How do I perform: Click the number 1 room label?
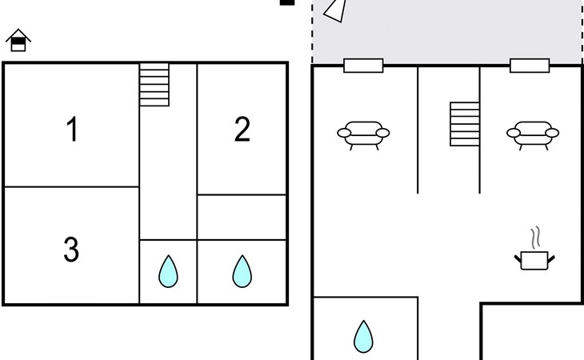coord(73,129)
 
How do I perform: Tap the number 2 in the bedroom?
coord(242,129)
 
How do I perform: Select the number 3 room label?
coord(71,249)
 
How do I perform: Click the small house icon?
coord(18,40)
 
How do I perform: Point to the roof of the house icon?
coord(18,34)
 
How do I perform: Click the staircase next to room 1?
coord(154,85)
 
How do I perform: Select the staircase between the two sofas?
coord(465,124)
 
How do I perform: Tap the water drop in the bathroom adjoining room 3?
coord(168,271)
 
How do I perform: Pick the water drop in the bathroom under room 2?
coord(242,271)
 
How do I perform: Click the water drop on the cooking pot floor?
coord(363,337)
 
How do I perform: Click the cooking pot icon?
coord(534,260)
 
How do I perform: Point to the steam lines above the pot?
coord(535,238)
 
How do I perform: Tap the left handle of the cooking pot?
coord(518,258)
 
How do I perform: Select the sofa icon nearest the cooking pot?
coord(533,134)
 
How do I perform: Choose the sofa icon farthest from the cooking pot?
coord(363,134)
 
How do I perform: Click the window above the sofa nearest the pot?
coord(530,66)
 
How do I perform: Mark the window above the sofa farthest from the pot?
coord(363,66)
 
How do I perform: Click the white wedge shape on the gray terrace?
coord(336,10)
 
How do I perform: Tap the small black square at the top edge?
coord(287,2)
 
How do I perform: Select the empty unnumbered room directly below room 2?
coord(242,217)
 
